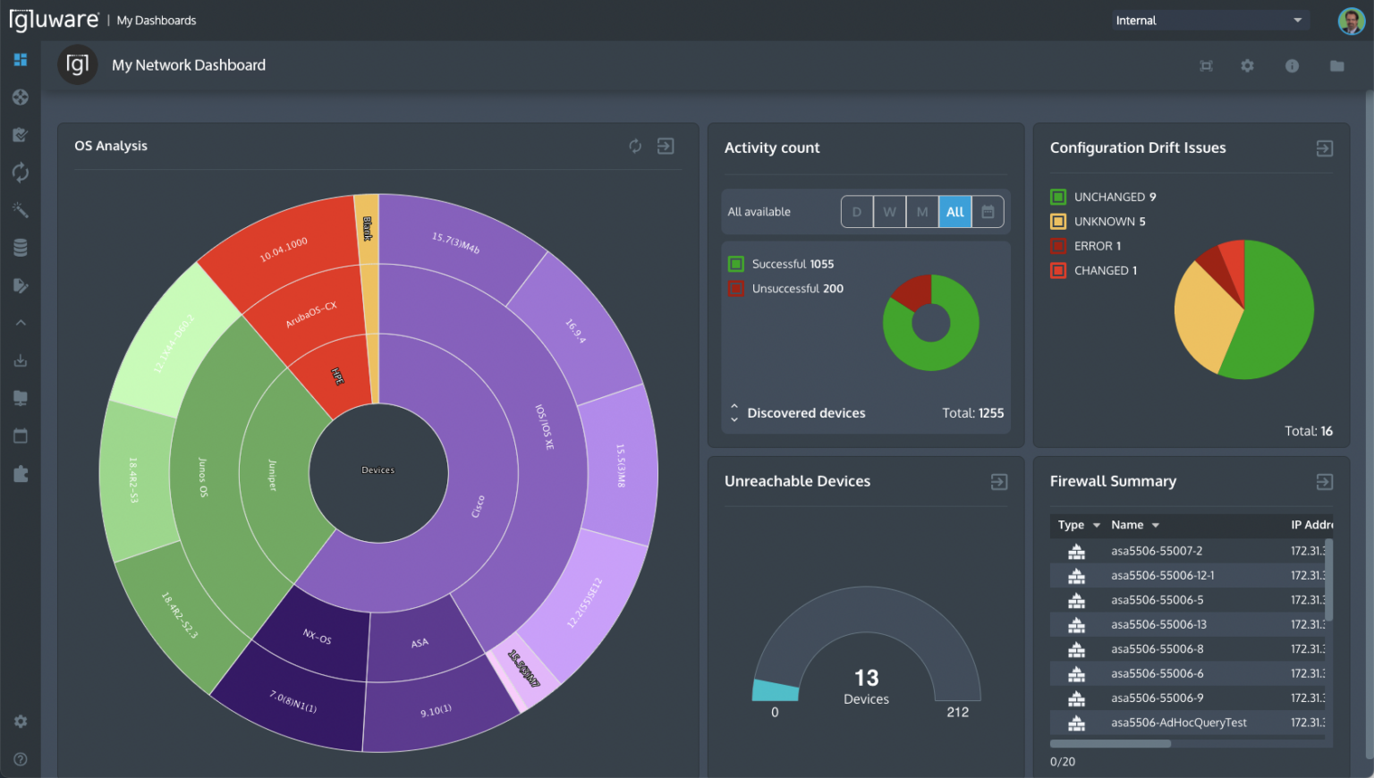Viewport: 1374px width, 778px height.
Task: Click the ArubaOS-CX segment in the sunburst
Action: [310, 314]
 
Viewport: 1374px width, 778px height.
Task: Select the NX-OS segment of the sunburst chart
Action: [317, 637]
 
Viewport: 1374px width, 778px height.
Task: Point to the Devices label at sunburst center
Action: [377, 470]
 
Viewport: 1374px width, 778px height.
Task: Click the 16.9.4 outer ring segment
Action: [575, 331]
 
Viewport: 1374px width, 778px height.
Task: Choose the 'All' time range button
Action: [954, 212]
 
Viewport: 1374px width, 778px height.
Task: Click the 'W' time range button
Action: [889, 212]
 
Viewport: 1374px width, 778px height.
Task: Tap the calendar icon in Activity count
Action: [988, 212]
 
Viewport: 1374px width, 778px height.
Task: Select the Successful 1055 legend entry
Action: [792, 264]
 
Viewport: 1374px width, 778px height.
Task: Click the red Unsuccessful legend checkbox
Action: [736, 289]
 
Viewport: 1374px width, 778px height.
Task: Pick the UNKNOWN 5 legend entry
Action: [1109, 222]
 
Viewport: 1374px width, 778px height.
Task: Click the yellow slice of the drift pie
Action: [1203, 322]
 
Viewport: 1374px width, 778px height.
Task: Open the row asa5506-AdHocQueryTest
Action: [1178, 723]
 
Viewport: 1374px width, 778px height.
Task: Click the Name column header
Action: [1127, 525]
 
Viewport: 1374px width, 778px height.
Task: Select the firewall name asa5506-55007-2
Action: [1156, 551]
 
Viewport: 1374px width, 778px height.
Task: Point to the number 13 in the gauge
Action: [866, 678]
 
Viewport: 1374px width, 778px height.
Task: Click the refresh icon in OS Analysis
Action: [635, 147]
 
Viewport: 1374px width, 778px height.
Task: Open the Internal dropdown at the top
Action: [1209, 21]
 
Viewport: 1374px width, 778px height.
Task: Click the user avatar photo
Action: [1351, 21]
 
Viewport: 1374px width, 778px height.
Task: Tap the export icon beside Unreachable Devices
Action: [999, 482]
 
